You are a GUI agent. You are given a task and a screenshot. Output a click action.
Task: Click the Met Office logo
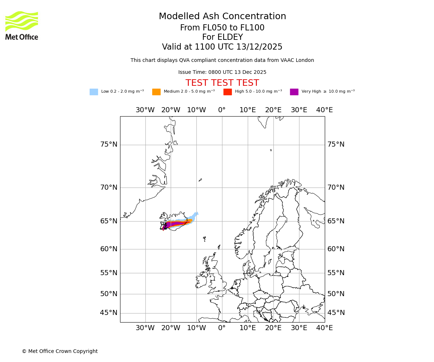(x=22, y=25)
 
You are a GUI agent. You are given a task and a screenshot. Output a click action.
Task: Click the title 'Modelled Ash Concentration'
(x=222, y=17)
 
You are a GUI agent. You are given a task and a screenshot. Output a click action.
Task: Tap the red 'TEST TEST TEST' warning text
(x=222, y=83)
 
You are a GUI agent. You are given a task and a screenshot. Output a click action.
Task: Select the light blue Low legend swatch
(x=94, y=92)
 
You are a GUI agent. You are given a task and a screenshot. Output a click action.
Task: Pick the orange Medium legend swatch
(x=156, y=92)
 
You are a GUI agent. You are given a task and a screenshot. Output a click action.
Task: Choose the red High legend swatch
(x=227, y=92)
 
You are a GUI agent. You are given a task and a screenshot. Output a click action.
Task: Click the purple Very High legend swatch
(x=294, y=92)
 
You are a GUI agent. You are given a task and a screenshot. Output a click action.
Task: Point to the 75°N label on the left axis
(x=109, y=144)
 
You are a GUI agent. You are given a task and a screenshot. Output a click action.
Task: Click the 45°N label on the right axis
(x=336, y=313)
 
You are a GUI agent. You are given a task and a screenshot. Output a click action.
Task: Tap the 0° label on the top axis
(x=222, y=110)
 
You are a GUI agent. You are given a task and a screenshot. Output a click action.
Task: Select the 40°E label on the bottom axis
(x=324, y=328)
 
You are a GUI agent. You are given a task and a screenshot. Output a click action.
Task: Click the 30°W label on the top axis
(x=145, y=110)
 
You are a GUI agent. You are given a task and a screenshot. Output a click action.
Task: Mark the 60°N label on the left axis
(x=109, y=249)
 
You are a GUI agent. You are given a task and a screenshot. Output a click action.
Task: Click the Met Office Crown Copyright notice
(x=60, y=351)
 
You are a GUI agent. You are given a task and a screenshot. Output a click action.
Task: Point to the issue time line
(x=222, y=72)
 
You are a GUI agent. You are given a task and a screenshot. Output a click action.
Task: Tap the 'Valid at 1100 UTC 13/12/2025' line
(x=222, y=47)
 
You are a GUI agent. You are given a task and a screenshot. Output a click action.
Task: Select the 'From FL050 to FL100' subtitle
(x=222, y=28)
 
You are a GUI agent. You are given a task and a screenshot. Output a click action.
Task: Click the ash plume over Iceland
(x=177, y=223)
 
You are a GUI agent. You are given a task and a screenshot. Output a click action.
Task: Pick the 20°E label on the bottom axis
(x=273, y=328)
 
